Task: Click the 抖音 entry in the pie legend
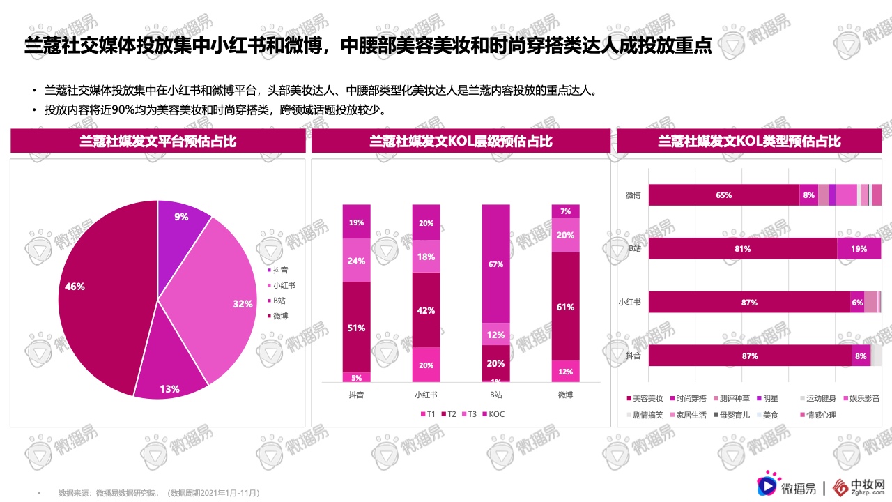coord(280,270)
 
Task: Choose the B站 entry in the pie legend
coord(279,301)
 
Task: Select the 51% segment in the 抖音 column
coord(356,327)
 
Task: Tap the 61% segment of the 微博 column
coord(565,306)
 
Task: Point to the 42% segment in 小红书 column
coord(426,310)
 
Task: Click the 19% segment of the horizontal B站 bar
coord(859,249)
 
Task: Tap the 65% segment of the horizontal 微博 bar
coord(723,195)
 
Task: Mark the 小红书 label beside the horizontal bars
coord(630,303)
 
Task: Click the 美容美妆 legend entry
coord(644,399)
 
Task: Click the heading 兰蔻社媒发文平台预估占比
coord(157,142)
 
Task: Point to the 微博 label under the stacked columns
coord(565,395)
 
